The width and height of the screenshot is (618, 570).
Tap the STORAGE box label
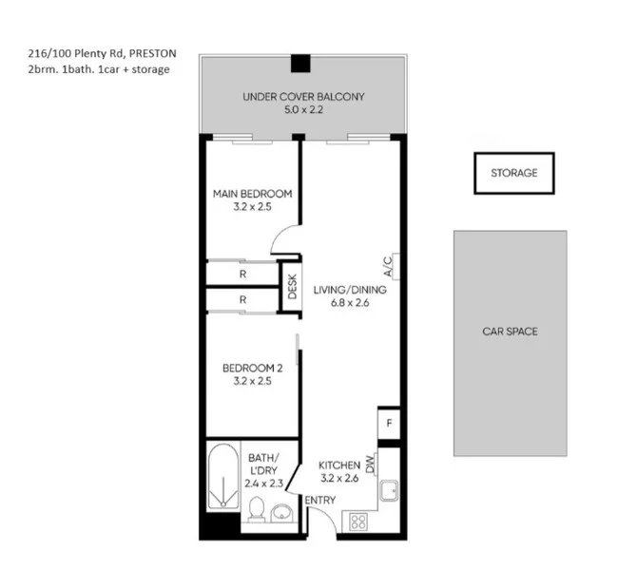pyautogui.click(x=513, y=173)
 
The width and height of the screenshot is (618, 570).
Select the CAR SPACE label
pyautogui.click(x=510, y=332)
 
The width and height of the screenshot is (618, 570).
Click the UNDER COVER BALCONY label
pyautogui.click(x=303, y=97)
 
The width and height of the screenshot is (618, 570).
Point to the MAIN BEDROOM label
pyautogui.click(x=252, y=195)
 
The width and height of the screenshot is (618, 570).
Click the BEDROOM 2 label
pyautogui.click(x=252, y=369)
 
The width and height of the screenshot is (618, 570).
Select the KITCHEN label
pyautogui.click(x=339, y=465)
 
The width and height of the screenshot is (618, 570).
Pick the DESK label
pyautogui.click(x=292, y=287)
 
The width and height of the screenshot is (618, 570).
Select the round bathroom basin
pyautogui.click(x=281, y=514)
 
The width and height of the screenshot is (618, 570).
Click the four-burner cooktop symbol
pyautogui.click(x=359, y=521)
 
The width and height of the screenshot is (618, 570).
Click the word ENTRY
pyautogui.click(x=320, y=501)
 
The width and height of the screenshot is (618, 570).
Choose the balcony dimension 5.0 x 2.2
pyautogui.click(x=303, y=111)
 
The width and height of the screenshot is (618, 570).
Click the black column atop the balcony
pyautogui.click(x=300, y=64)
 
